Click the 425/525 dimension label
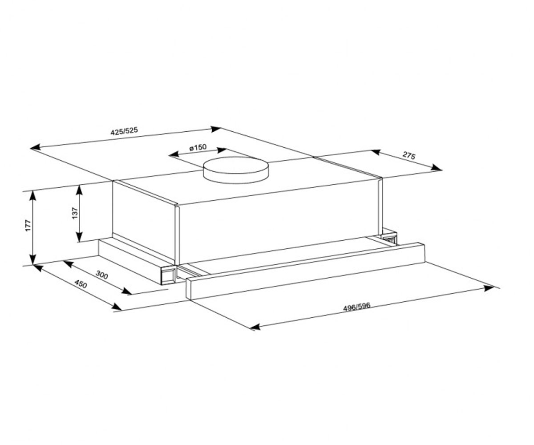[124, 131]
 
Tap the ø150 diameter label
[198, 148]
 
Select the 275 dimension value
[409, 155]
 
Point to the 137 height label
[75, 213]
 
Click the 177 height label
[28, 225]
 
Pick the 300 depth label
[102, 275]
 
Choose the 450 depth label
[81, 284]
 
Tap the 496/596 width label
[356, 307]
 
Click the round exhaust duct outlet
[235, 170]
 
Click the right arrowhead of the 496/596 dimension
[489, 288]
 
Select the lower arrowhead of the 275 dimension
[436, 167]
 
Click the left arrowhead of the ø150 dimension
[174, 154]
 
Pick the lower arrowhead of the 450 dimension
[117, 307]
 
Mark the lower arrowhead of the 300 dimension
[127, 291]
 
